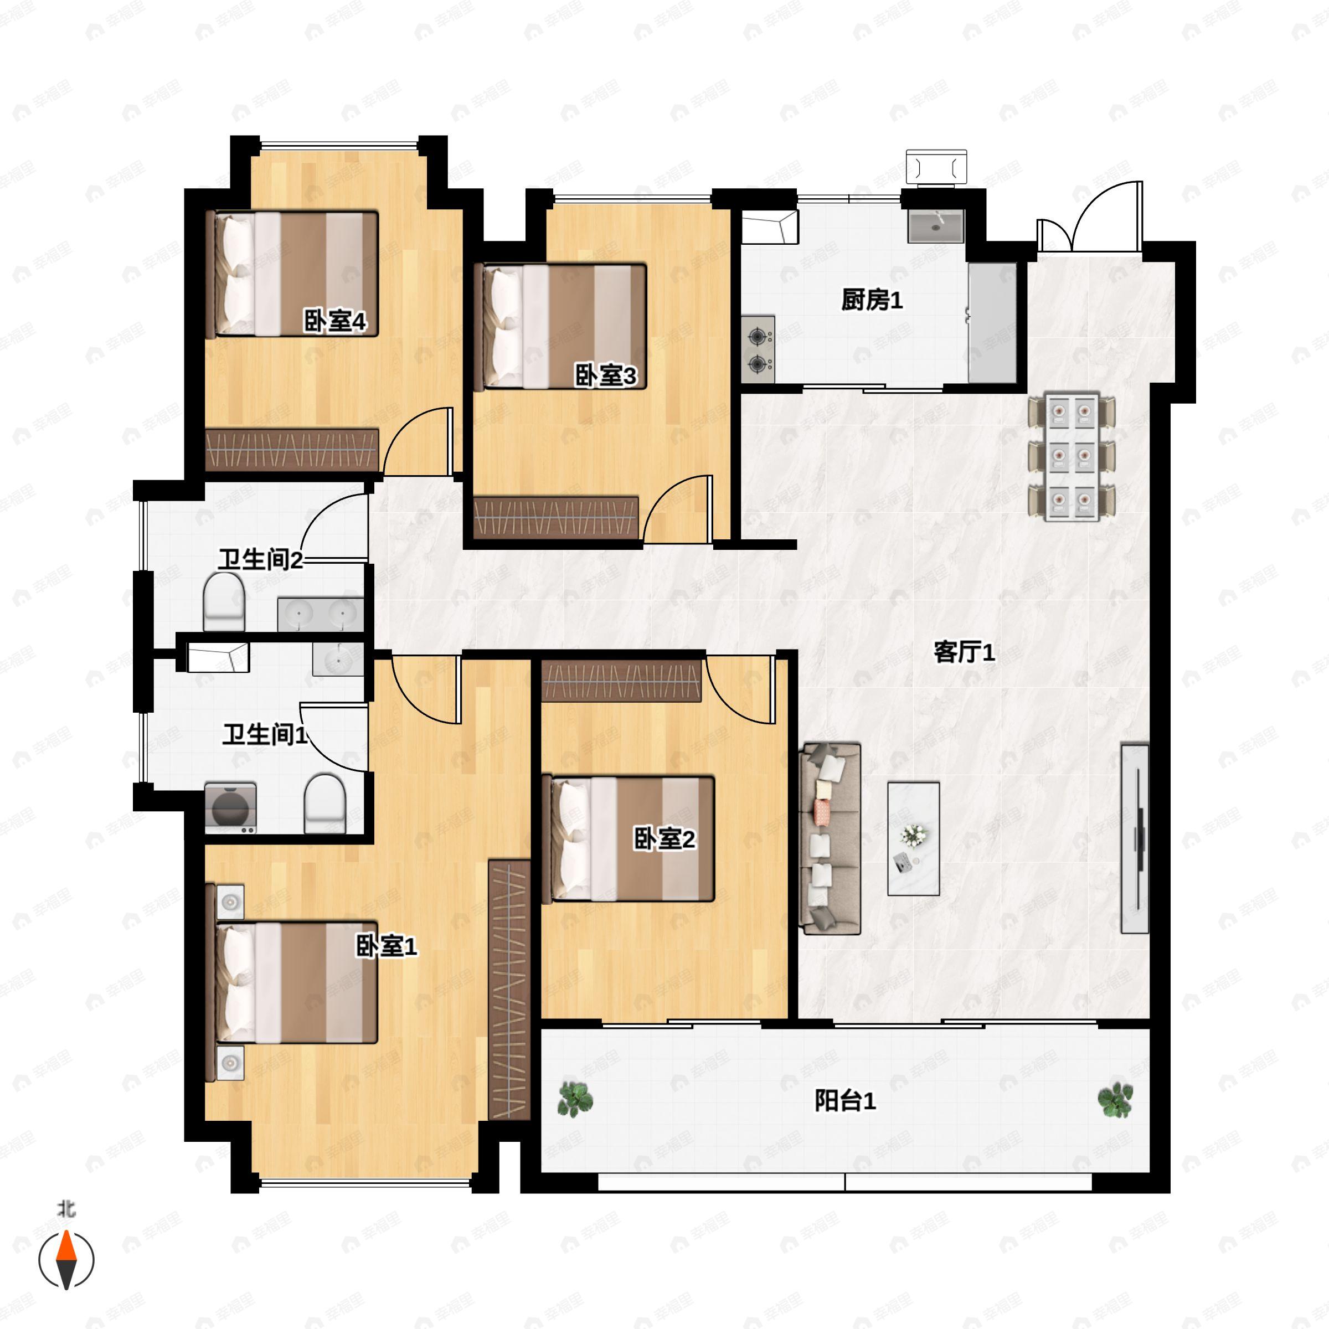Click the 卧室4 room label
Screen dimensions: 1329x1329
335,321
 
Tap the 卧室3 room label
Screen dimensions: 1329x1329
605,375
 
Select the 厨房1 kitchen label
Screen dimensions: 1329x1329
872,300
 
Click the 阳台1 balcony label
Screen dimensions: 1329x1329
844,1101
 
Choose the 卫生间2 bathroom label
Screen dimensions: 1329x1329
261,560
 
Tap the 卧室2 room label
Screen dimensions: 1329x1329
664,838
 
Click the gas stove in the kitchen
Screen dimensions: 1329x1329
758,349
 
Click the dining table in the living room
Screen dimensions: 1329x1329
1072,457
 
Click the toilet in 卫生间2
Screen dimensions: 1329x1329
224,602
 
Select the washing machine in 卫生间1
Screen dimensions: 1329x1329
230,808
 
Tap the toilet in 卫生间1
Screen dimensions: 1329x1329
324,803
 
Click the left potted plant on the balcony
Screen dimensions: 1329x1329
574,1099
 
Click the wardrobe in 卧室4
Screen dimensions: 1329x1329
292,450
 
